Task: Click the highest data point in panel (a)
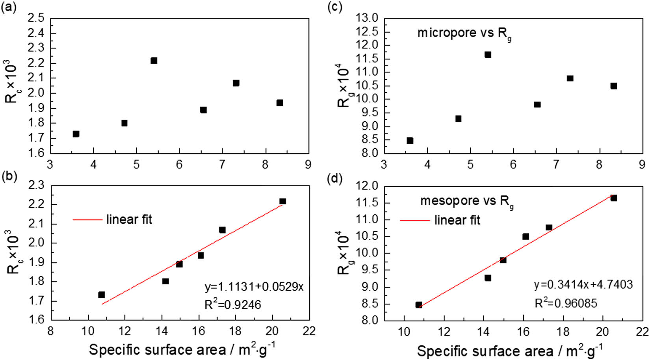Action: point(154,61)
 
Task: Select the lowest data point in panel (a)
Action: point(76,134)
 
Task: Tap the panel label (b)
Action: point(9,176)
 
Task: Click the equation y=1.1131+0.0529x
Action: point(254,287)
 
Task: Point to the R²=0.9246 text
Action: point(232,304)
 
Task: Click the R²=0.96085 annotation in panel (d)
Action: point(566,303)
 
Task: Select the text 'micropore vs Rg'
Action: point(464,33)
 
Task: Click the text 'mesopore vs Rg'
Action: point(466,201)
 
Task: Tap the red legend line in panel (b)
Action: point(87,219)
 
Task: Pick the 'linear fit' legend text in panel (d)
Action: point(457,220)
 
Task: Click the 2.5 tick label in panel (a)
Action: point(36,18)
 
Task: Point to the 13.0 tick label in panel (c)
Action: point(367,18)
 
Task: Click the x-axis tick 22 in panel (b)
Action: point(309,331)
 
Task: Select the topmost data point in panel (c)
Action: point(488,55)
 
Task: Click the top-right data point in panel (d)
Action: point(614,198)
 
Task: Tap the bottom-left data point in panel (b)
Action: point(102,295)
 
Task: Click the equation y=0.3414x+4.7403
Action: point(583,284)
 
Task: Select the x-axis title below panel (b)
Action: point(182,349)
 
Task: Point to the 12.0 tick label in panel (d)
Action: point(367,186)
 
